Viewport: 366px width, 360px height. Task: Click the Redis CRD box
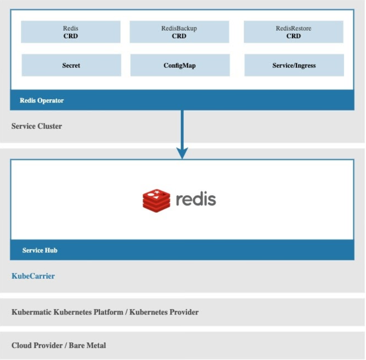pyautogui.click(x=71, y=32)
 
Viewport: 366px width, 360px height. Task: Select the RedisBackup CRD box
pyautogui.click(x=179, y=32)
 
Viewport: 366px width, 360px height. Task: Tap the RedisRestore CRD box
pyautogui.click(x=293, y=32)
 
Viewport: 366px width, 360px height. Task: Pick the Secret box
pyautogui.click(x=71, y=65)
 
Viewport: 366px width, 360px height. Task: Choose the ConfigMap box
pyautogui.click(x=180, y=65)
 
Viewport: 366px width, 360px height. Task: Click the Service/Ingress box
pyautogui.click(x=294, y=65)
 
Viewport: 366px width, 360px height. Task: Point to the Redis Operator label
pyautogui.click(x=41, y=100)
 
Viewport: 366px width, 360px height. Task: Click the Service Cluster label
pyautogui.click(x=37, y=126)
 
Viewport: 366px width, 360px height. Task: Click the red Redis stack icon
pyautogui.click(x=157, y=201)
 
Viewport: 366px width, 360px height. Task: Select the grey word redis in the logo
pyautogui.click(x=196, y=199)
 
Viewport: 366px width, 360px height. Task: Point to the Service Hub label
pyautogui.click(x=40, y=250)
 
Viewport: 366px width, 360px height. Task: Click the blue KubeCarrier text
pyautogui.click(x=33, y=276)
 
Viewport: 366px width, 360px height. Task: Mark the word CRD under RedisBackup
pyautogui.click(x=179, y=36)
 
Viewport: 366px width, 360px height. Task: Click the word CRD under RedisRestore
pyautogui.click(x=293, y=36)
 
